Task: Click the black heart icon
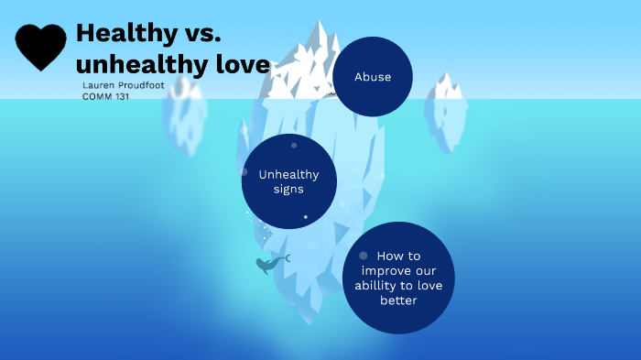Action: [41, 47]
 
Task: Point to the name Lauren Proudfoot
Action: [117, 84]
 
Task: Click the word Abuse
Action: [373, 77]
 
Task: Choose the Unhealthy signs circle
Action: [289, 180]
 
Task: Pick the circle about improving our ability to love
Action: [398, 278]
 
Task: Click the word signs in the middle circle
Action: [288, 190]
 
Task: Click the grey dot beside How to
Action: [364, 256]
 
